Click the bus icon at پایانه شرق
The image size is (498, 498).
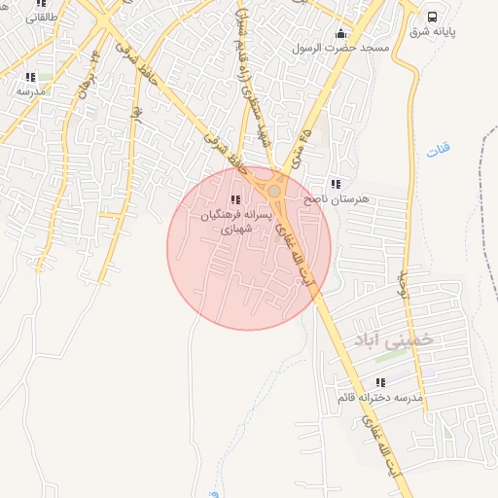coord(433,17)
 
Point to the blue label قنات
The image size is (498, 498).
coord(439,151)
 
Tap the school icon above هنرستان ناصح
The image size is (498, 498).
coord(336,183)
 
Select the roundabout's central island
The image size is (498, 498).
coord(275,192)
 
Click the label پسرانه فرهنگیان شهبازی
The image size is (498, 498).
coord(233,222)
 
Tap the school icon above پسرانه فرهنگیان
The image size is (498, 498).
coord(234,199)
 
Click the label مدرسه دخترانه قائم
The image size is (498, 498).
coord(380,399)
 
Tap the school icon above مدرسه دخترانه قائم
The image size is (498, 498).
coord(380,383)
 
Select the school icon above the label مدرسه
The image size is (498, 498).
coord(30,76)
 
